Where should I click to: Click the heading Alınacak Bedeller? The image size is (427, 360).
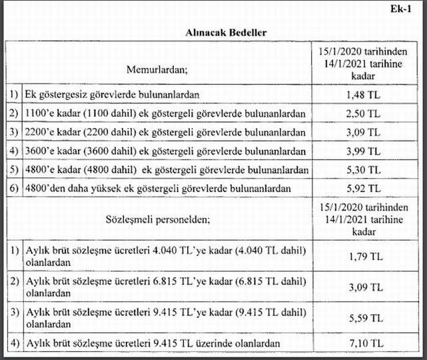pyautogui.click(x=214, y=31)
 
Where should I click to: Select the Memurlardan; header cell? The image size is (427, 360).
pyautogui.click(x=157, y=67)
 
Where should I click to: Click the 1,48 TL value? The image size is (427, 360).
pyautogui.click(x=363, y=95)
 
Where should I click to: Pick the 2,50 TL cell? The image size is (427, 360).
pyautogui.click(x=363, y=114)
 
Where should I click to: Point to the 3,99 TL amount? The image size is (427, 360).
pyautogui.click(x=363, y=151)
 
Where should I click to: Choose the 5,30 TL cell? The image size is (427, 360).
pyautogui.click(x=363, y=170)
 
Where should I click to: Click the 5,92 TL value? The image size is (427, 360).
pyautogui.click(x=363, y=189)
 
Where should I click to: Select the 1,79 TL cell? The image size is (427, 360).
pyautogui.click(x=363, y=256)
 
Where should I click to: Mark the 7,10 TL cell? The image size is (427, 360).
pyautogui.click(x=363, y=343)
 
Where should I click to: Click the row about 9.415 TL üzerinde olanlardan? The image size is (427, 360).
pyautogui.click(x=151, y=343)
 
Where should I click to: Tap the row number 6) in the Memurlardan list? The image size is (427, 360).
pyautogui.click(x=13, y=189)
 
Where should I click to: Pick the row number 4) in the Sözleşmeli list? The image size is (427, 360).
pyautogui.click(x=13, y=343)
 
